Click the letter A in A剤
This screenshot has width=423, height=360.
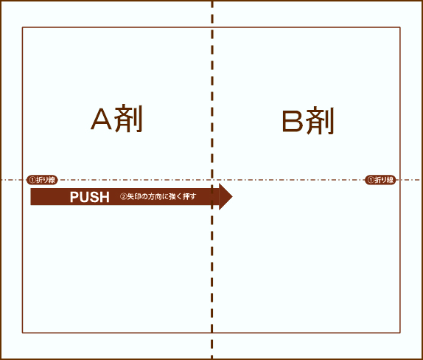(101, 119)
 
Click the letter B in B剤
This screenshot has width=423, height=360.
(293, 121)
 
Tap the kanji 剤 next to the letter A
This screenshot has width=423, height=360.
(128, 118)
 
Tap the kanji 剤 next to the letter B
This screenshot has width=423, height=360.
(321, 121)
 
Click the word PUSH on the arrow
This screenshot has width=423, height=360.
(90, 197)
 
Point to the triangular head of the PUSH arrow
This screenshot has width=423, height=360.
(226, 197)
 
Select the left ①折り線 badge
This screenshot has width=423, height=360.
(42, 180)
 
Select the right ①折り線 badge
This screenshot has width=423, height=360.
(380, 180)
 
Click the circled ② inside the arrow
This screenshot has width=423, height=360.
(123, 197)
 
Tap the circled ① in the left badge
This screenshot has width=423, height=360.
(32, 180)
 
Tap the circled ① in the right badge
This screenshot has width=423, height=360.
(371, 180)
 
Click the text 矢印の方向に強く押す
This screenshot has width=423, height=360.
(161, 197)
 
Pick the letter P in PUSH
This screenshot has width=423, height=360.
(74, 197)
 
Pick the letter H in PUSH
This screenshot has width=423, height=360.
(105, 197)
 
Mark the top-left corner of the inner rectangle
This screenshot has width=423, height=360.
(22, 27)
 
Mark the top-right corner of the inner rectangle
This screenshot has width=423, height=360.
(400, 27)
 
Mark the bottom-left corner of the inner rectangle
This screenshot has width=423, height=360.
(22, 333)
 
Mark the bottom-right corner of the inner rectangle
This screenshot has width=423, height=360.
(400, 333)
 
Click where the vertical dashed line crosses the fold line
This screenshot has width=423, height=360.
(212, 180)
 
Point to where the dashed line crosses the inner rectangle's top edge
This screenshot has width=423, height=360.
(212, 27)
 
